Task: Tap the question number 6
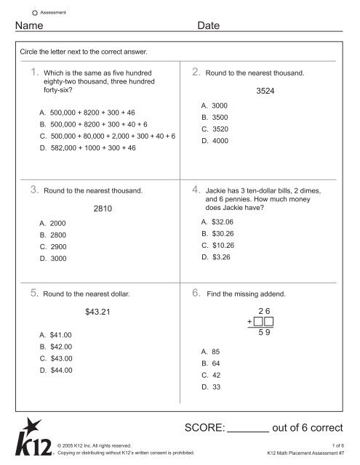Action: point(196,294)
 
